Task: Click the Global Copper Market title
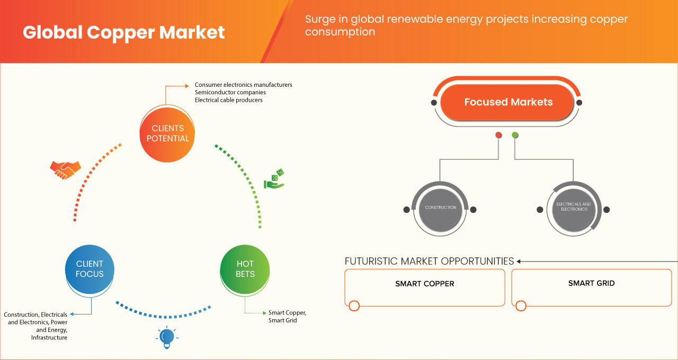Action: click(x=124, y=33)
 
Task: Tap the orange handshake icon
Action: click(x=65, y=169)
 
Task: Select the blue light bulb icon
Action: click(x=167, y=337)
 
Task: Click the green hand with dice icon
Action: click(x=274, y=179)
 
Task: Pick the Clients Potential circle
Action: click(x=167, y=133)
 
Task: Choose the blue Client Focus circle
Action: click(x=90, y=269)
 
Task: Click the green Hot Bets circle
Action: click(x=245, y=269)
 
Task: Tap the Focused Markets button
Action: click(x=508, y=102)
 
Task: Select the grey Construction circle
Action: click(x=440, y=208)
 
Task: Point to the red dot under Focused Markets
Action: click(x=498, y=135)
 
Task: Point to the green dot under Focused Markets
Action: click(x=515, y=135)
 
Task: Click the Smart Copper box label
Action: click(x=425, y=284)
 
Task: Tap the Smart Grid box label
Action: click(x=591, y=283)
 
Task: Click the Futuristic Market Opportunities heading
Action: click(x=429, y=261)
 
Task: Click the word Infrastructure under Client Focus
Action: click(x=49, y=337)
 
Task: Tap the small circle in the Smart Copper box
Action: click(x=354, y=305)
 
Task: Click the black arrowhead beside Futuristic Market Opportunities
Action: click(x=519, y=261)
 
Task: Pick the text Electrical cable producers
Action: click(x=228, y=100)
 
